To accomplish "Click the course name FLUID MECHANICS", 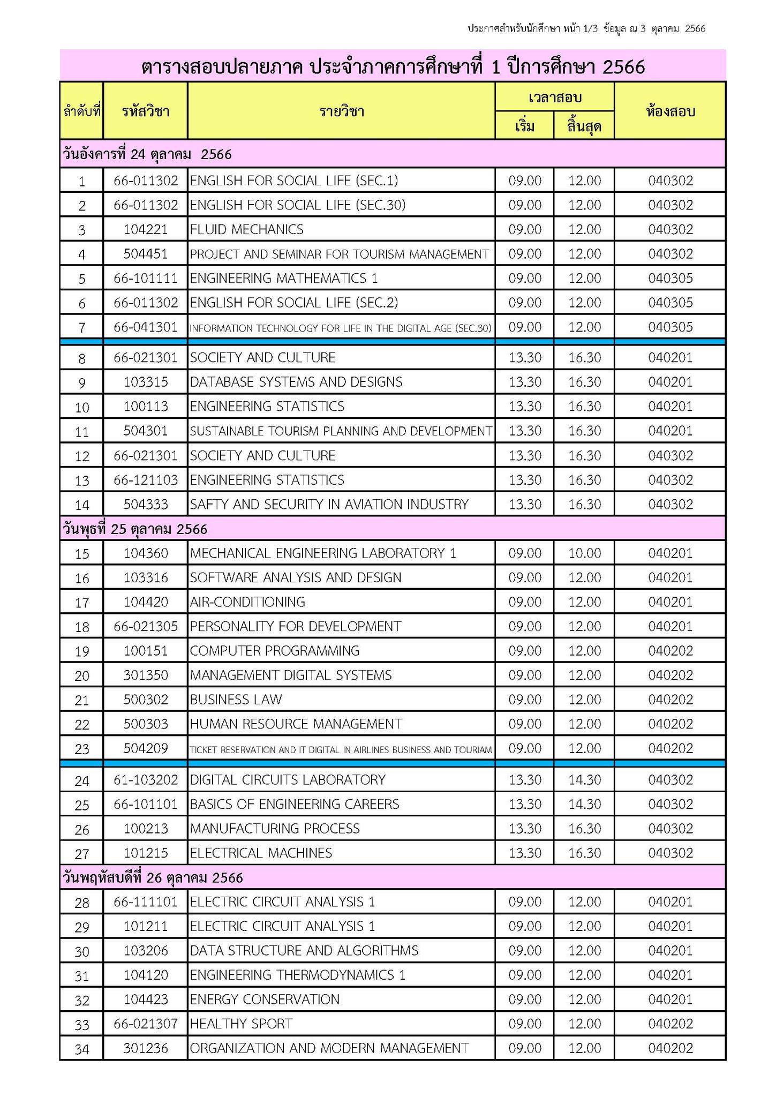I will coord(246,230).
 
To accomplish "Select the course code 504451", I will coord(146,254).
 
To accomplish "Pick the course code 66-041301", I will coord(146,327).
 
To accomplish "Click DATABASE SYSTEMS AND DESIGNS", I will coord(296,382).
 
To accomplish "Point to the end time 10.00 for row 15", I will coord(584,553).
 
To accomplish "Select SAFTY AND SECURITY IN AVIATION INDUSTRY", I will coord(329,505).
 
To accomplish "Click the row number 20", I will coord(81,676).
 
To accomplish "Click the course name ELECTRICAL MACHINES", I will coord(261,853).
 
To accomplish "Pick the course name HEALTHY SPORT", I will coord(241,1024).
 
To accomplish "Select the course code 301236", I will coord(146,1048).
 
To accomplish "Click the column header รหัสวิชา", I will coord(146,111).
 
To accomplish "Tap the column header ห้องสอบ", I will coord(670,111).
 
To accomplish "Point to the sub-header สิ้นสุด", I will coord(584,127).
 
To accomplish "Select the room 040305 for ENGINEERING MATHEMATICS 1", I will coord(670,279).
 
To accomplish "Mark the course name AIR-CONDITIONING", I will coord(247,603).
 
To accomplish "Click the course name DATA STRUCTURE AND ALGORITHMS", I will coord(304,951).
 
